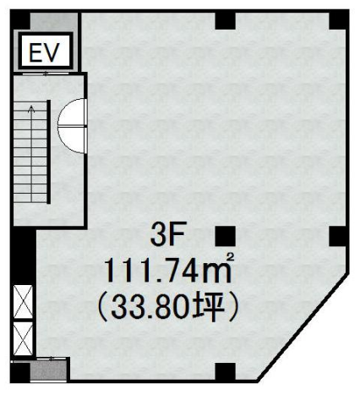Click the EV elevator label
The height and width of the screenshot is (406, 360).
[45, 52]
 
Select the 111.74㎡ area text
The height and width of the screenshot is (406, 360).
[169, 270]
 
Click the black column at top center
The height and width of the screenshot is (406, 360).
[226, 20]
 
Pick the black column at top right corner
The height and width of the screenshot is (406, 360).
[339, 20]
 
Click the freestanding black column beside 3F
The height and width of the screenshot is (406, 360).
[226, 236]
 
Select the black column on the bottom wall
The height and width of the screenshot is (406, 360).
[226, 371]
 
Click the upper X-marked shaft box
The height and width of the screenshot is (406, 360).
[23, 301]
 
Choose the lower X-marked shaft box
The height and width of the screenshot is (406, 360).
[23, 338]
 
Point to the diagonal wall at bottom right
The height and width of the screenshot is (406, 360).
[303, 328]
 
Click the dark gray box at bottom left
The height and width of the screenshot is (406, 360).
[48, 370]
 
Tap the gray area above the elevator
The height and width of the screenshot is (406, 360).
[53, 21]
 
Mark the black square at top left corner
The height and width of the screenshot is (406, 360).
[20, 19]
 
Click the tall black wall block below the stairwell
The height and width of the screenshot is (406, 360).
[23, 255]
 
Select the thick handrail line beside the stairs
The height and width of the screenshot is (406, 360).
[48, 151]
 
